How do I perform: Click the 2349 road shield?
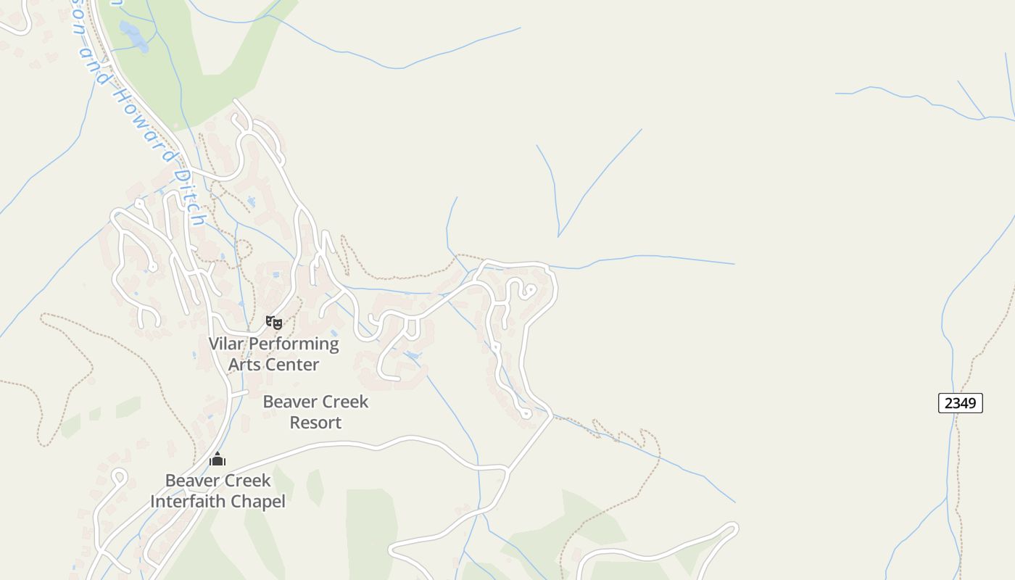pos(960,403)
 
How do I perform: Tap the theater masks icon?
pos(273,322)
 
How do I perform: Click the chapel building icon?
pos(217,459)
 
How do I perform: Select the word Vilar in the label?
pos(227,344)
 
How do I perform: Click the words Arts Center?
pos(273,365)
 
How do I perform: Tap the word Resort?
pos(315,423)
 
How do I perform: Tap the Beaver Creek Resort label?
pos(315,412)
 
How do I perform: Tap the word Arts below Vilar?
pos(244,365)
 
